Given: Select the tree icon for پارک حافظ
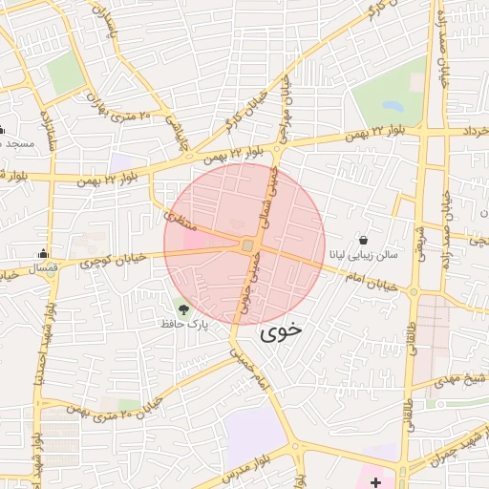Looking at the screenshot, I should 182,308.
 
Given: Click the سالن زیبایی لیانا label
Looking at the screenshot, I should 363,255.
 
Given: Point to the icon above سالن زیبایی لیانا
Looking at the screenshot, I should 363,240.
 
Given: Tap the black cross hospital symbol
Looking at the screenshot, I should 376,480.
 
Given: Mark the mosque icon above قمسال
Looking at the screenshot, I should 43,253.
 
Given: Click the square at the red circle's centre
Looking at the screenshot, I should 247,246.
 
